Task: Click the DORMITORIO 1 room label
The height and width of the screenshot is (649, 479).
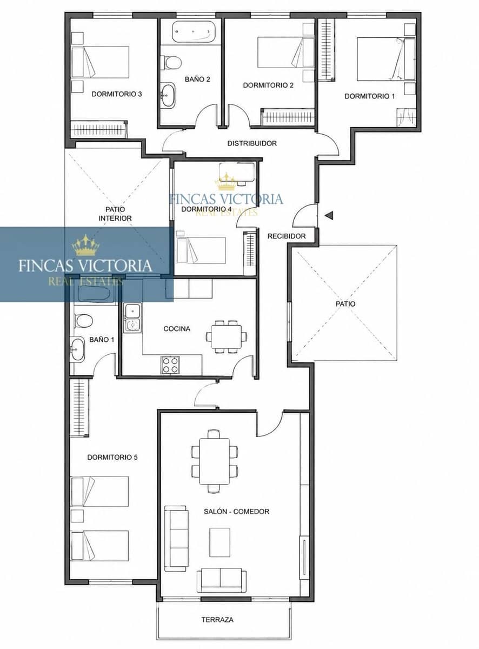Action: (x=370, y=96)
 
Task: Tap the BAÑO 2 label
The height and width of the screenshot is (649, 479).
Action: (x=197, y=80)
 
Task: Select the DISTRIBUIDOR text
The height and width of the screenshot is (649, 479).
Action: (x=252, y=143)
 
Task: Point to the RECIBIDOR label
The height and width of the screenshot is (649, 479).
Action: (x=287, y=236)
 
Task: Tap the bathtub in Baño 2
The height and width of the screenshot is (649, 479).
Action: (x=194, y=31)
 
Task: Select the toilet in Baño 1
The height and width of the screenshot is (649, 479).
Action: (x=83, y=321)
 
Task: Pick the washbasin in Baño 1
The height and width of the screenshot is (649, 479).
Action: (x=77, y=349)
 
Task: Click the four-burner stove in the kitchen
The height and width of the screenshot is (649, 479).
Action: (x=170, y=365)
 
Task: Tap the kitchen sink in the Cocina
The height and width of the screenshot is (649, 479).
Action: (x=132, y=317)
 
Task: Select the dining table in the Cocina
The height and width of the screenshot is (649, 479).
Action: (x=227, y=336)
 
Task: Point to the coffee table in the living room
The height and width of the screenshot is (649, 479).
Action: (x=219, y=542)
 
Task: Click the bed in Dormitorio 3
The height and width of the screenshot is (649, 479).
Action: (x=101, y=62)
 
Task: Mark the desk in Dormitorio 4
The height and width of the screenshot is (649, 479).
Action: (x=237, y=172)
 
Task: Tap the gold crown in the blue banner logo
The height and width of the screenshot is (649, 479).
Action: (x=86, y=245)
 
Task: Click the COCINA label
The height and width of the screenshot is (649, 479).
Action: (x=177, y=329)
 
